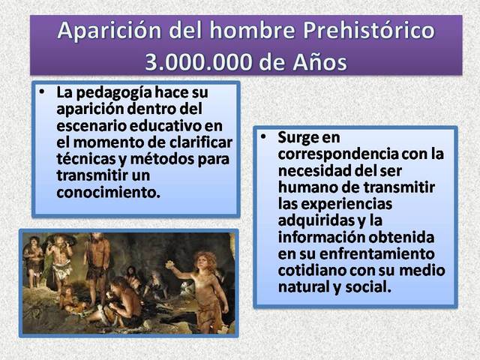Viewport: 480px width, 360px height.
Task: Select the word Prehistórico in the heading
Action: pos(360,31)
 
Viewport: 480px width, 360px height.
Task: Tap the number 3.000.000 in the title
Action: pos(202,61)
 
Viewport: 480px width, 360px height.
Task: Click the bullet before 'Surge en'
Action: pos(264,138)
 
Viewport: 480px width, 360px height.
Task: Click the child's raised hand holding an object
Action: pos(170,264)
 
